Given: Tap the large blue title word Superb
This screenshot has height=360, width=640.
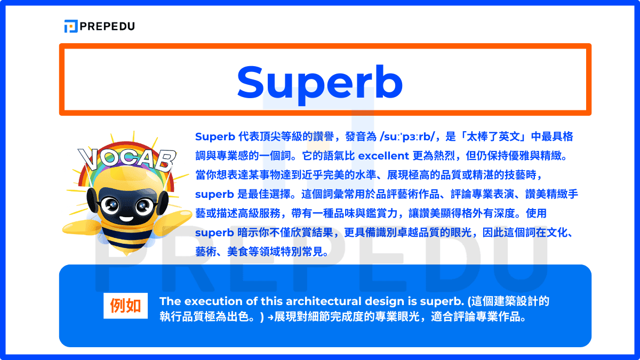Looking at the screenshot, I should click(x=320, y=82).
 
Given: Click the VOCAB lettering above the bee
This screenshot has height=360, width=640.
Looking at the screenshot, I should click(x=127, y=159).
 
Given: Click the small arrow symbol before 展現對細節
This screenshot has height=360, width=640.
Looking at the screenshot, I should click(x=270, y=318).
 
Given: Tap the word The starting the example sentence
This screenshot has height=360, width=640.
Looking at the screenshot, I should click(x=169, y=301).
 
